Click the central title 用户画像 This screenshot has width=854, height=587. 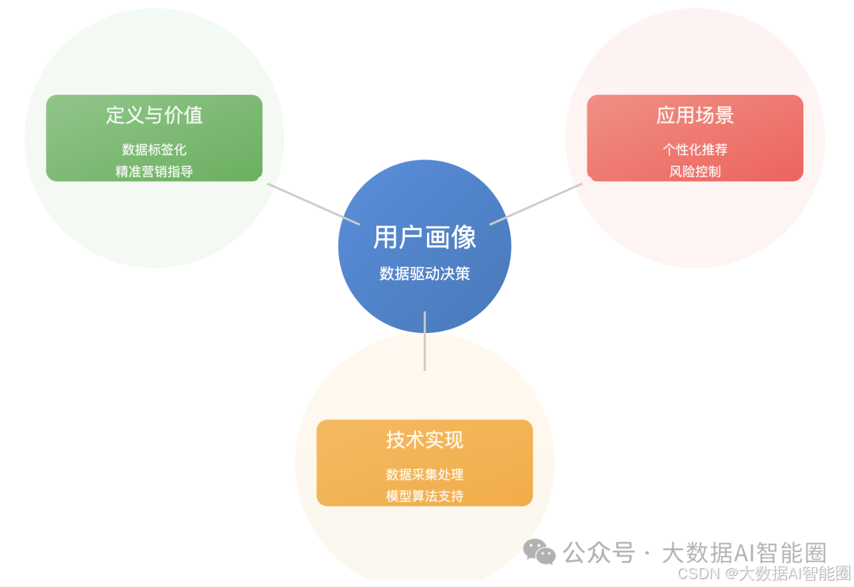click(425, 237)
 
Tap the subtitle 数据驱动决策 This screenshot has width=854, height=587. click(425, 274)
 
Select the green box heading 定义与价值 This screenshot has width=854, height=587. click(154, 116)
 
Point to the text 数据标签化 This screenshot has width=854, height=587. click(154, 150)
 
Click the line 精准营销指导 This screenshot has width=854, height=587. click(154, 171)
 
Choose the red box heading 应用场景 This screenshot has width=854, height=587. click(695, 116)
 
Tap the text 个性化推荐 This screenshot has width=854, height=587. click(695, 150)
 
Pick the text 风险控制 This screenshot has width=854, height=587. click(695, 171)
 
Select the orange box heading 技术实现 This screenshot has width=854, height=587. click(425, 440)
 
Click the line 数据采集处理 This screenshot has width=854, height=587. click(425, 475)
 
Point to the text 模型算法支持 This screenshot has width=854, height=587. click(425, 496)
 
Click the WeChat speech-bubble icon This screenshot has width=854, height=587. click(540, 552)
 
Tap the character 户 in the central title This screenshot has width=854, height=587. click(412, 237)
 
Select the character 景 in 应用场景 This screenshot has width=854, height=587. click(724, 116)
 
